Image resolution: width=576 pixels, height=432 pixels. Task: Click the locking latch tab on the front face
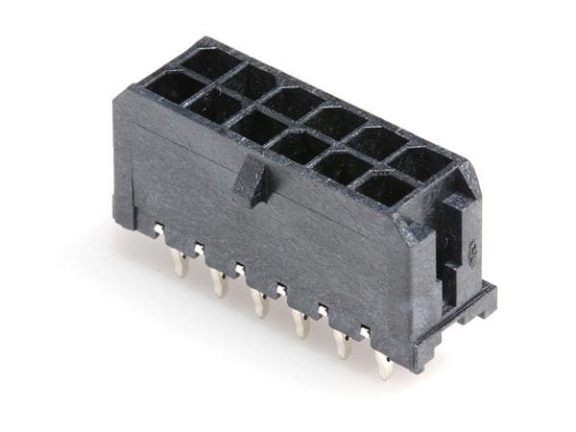[x=252, y=181]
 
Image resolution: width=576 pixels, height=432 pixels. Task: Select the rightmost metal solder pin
[x=384, y=364]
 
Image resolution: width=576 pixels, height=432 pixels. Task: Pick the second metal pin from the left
[x=220, y=282]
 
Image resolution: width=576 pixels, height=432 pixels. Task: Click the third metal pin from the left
[x=260, y=302]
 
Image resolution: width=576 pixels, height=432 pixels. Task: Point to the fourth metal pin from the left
[x=301, y=324]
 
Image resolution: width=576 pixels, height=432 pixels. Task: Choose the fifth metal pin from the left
[x=343, y=344]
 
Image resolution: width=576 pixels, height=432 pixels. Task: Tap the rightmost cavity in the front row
[x=386, y=188]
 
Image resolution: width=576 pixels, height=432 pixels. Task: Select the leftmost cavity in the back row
[x=210, y=63]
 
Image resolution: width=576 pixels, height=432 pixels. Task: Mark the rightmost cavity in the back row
[x=422, y=162]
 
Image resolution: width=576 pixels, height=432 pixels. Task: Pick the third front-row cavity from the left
[x=257, y=126]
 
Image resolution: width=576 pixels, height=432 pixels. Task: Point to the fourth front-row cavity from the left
[x=300, y=146]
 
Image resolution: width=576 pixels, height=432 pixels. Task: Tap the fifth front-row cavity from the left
[x=343, y=167]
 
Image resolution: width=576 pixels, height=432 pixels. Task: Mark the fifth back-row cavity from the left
[x=378, y=142]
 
